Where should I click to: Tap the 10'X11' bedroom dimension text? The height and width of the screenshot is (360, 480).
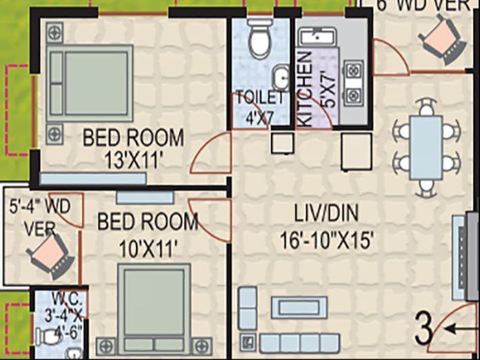point(148,247)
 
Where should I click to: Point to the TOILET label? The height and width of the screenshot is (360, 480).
point(260,97)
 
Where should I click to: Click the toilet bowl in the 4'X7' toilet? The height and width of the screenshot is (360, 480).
point(259,39)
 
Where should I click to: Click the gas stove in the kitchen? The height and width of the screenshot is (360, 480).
point(353,81)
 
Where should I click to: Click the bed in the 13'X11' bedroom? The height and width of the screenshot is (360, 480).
point(90,83)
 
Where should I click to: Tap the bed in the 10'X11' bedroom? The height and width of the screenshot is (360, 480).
point(153,304)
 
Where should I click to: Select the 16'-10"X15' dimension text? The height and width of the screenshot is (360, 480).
point(328,241)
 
